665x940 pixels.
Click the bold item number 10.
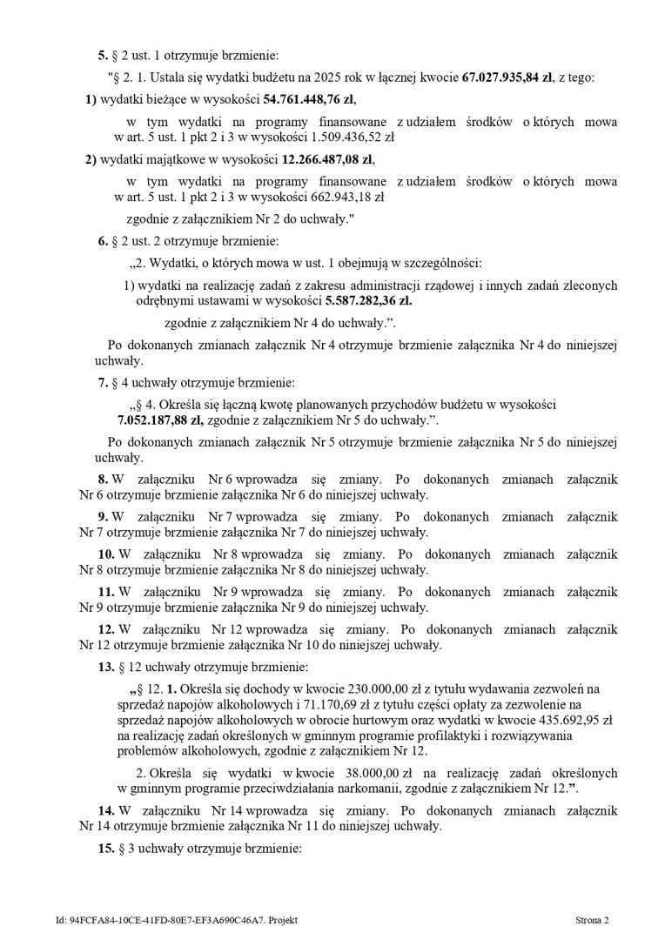pyautogui.click(x=105, y=554)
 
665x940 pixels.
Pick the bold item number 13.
pyautogui.click(x=105, y=668)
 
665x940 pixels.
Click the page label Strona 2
pyautogui.click(x=591, y=920)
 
